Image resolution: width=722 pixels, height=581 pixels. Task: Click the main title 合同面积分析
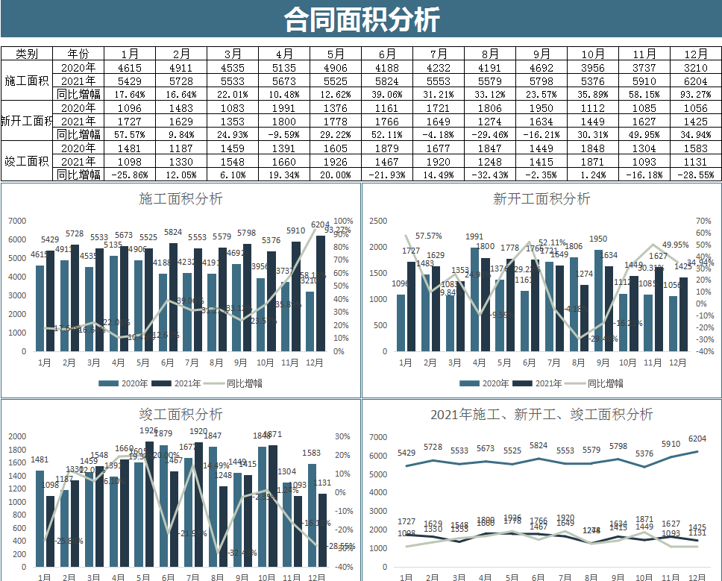(x=361, y=19)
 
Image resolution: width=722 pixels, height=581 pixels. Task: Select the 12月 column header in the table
(x=695, y=54)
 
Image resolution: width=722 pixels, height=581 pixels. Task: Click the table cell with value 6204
(x=695, y=81)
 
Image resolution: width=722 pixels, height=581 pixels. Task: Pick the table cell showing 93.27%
(x=695, y=94)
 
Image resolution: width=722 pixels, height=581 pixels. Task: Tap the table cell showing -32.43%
(x=489, y=175)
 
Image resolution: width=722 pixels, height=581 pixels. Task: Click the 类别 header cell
(x=27, y=54)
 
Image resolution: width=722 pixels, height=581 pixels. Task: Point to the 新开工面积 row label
(x=27, y=121)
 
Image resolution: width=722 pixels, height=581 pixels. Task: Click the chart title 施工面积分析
(x=180, y=199)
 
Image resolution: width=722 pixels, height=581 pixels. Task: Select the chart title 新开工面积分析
(x=541, y=199)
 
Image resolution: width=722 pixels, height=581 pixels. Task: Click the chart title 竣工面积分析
(x=180, y=414)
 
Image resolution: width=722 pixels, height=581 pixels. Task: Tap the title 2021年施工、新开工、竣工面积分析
(x=541, y=414)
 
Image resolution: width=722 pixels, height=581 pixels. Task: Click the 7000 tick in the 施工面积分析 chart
(x=17, y=221)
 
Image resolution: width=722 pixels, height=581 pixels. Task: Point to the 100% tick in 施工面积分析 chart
(x=344, y=221)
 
